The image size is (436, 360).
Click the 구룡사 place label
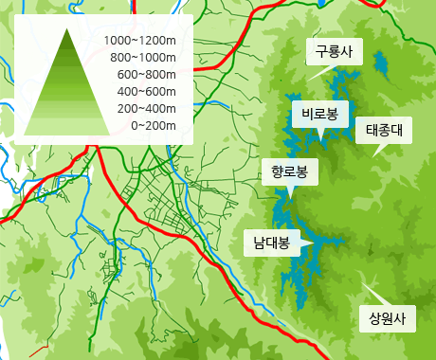point(335,53)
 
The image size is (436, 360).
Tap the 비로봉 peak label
point(319,115)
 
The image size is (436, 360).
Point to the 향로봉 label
point(289,171)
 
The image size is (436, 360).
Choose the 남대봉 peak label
point(271,242)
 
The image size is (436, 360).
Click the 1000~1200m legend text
point(141,41)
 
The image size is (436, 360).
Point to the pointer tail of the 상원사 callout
point(366,283)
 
